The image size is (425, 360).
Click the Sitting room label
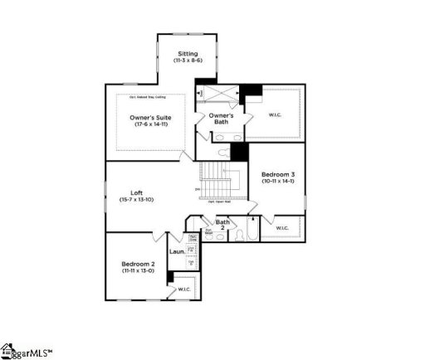(x=188, y=54)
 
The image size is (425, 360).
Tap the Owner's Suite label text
(x=150, y=118)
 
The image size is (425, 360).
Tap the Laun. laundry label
(x=177, y=251)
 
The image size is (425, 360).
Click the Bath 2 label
(x=222, y=224)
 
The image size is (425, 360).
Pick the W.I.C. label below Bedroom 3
(x=281, y=227)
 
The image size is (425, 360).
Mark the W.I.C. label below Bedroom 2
(x=183, y=289)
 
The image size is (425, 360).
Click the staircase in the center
(x=218, y=176)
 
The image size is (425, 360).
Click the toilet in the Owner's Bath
(x=222, y=154)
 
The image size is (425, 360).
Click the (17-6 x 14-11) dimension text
(x=151, y=124)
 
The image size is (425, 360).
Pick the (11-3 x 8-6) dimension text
(x=188, y=61)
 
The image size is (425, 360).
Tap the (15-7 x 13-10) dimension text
(x=137, y=199)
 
